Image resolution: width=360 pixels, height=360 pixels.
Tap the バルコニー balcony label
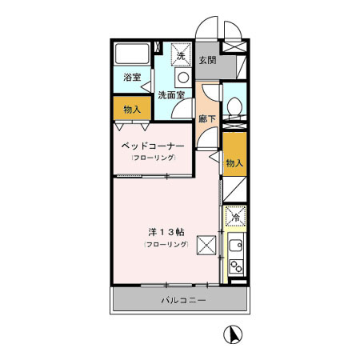[183, 301]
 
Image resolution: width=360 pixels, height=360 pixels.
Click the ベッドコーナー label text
[153, 146]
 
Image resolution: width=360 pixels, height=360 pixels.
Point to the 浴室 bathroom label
[132, 78]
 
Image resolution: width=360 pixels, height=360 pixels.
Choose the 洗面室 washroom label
[170, 95]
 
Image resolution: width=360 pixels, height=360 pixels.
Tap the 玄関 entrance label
[207, 60]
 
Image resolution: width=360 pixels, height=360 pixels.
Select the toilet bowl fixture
[234, 106]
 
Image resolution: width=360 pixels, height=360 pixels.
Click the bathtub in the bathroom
[132, 56]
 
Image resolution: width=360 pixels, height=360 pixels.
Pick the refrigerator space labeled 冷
[235, 216]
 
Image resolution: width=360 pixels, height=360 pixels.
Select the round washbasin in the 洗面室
[182, 78]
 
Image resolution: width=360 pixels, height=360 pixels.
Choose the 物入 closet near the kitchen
[234, 162]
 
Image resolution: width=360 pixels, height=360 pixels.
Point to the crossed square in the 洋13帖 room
[207, 244]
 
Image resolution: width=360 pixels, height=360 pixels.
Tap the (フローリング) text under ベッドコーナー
[153, 158]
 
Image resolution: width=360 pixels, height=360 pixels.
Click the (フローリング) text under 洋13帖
[166, 243]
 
